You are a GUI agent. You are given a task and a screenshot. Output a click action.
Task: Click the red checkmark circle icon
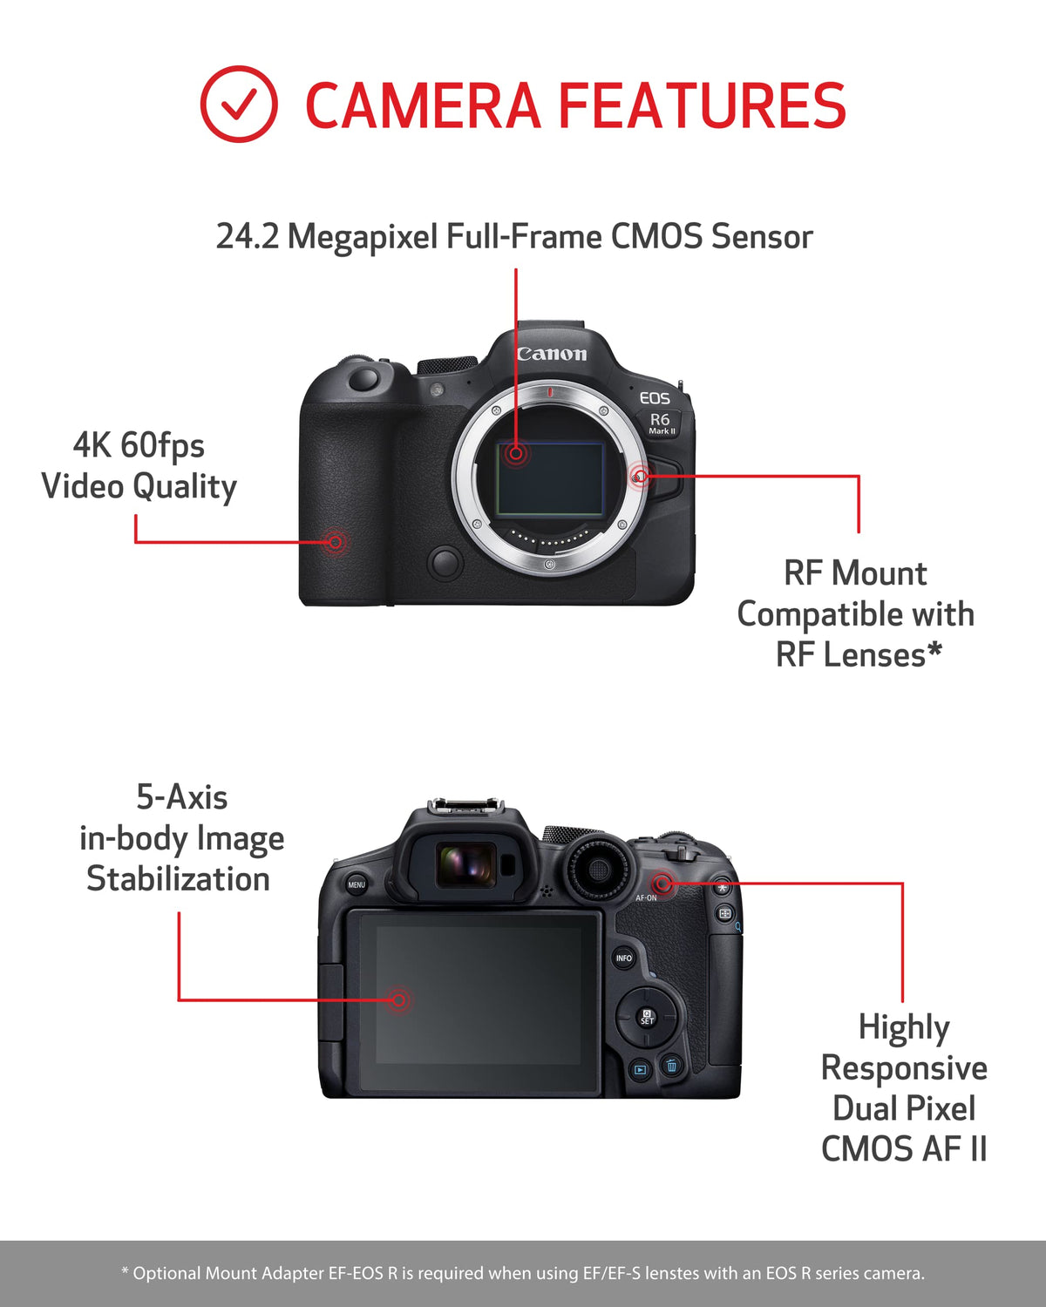239,105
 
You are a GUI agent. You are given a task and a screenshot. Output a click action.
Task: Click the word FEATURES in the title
702,105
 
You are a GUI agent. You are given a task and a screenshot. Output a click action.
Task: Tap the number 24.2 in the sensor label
248,237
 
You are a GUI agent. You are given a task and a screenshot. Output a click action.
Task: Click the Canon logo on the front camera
552,354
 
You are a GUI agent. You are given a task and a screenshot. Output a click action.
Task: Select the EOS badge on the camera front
655,398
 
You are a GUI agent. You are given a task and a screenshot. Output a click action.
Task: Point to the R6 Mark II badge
661,423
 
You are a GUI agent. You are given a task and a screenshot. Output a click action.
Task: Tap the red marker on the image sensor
516,453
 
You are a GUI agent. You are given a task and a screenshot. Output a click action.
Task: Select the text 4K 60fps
139,445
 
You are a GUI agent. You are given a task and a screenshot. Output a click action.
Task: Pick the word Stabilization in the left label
178,878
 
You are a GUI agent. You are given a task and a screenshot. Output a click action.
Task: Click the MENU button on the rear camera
357,884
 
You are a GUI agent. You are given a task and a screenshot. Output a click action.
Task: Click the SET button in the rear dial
647,1016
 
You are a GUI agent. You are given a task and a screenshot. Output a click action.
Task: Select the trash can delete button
671,1065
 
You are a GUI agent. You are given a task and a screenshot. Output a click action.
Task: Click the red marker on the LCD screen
399,999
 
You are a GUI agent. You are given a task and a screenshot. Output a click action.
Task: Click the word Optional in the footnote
167,1273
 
